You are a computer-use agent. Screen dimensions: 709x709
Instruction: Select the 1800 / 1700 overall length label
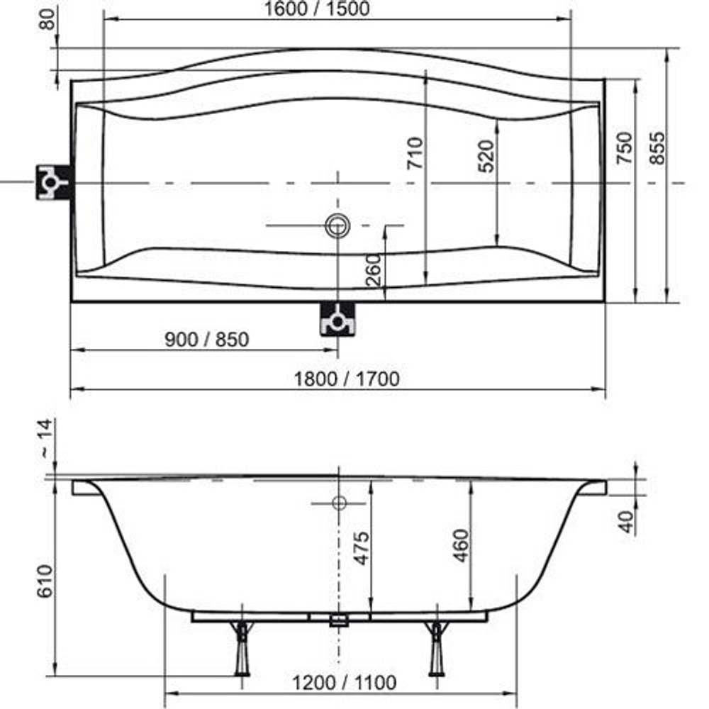pos(347,379)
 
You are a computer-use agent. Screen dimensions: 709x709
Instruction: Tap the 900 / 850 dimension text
pos(207,340)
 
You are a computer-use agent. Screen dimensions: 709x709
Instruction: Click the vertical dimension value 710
pos(415,152)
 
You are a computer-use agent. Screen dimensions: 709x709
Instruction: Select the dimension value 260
pos(376,269)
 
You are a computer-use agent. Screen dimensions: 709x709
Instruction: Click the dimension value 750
pos(624,148)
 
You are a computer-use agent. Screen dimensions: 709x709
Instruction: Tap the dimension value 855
pos(658,148)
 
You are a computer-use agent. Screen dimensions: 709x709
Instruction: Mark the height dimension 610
pos(44,581)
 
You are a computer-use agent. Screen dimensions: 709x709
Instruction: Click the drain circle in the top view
pos(337,225)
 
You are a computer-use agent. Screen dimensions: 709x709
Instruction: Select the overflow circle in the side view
pos(338,503)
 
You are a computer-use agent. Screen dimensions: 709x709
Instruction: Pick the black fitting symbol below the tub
pos(338,318)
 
